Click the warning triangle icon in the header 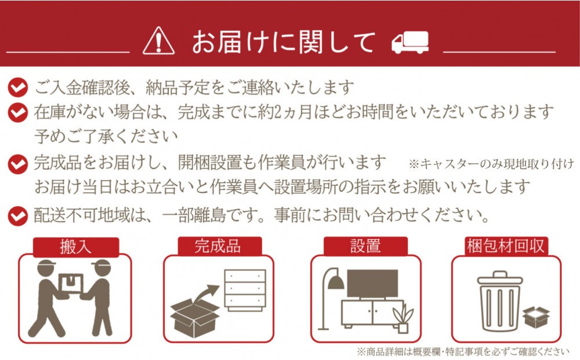pyautogui.click(x=159, y=41)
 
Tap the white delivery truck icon pyautogui.click(x=410, y=42)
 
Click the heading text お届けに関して pyautogui.click(x=284, y=42)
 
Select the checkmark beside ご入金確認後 pyautogui.click(x=18, y=88)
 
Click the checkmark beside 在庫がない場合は pyautogui.click(x=18, y=112)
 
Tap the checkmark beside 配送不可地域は pyautogui.click(x=18, y=216)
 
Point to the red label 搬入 pyautogui.click(x=76, y=247)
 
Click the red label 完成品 pyautogui.click(x=220, y=246)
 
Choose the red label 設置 pyautogui.click(x=365, y=246)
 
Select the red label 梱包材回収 pyautogui.click(x=506, y=246)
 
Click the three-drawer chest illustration pyautogui.click(x=245, y=290)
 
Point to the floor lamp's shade pyautogui.click(x=336, y=283)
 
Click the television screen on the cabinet pyautogui.click(x=372, y=283)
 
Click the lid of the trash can pyautogui.click(x=500, y=278)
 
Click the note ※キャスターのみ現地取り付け pyautogui.click(x=492, y=163)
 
